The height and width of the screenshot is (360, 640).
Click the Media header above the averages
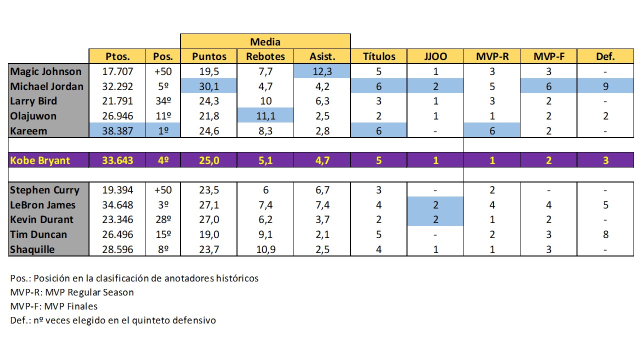click(x=265, y=41)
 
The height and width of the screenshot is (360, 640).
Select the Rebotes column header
click(x=265, y=56)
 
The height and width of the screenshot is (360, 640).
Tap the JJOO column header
click(x=435, y=56)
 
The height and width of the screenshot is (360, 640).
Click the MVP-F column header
click(x=548, y=56)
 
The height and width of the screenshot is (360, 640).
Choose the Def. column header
click(x=605, y=56)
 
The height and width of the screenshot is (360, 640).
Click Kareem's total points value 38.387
click(x=117, y=130)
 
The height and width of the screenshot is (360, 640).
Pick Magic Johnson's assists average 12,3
click(x=322, y=71)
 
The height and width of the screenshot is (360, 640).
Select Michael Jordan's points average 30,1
click(x=209, y=86)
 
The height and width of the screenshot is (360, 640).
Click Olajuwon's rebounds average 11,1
click(x=265, y=116)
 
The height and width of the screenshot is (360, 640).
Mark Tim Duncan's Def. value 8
click(x=605, y=234)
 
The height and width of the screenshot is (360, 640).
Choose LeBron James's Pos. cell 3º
click(x=163, y=204)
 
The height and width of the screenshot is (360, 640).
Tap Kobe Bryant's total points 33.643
click(x=117, y=160)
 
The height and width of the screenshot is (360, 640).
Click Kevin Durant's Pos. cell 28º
click(x=163, y=219)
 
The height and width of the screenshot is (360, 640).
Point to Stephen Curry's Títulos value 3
click(x=378, y=190)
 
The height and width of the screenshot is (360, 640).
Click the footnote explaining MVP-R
click(x=72, y=292)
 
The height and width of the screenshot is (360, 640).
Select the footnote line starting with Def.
click(x=113, y=320)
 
